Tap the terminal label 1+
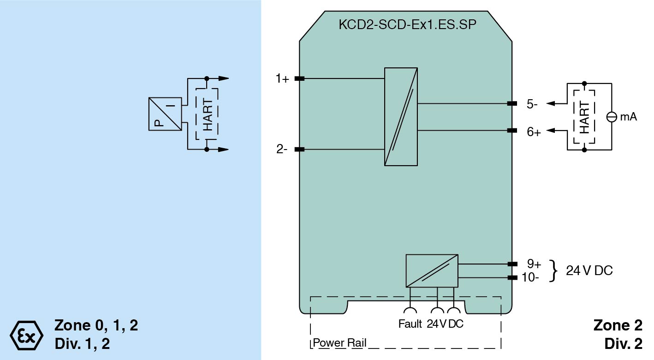click(x=282, y=79)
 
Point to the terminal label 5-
click(x=532, y=104)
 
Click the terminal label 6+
click(x=534, y=132)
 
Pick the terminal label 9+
click(x=534, y=264)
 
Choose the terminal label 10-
click(x=531, y=277)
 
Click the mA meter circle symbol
click(x=611, y=117)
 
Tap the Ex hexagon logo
click(x=26, y=334)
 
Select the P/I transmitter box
click(x=165, y=114)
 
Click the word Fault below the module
click(x=410, y=324)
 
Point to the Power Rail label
click(x=339, y=343)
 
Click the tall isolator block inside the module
click(x=401, y=116)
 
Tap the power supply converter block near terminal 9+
click(x=432, y=270)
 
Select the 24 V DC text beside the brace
click(x=589, y=270)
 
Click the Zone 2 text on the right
click(x=617, y=325)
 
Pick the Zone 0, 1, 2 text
click(x=96, y=325)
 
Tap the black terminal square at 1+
click(x=299, y=79)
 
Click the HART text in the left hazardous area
click(x=208, y=114)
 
